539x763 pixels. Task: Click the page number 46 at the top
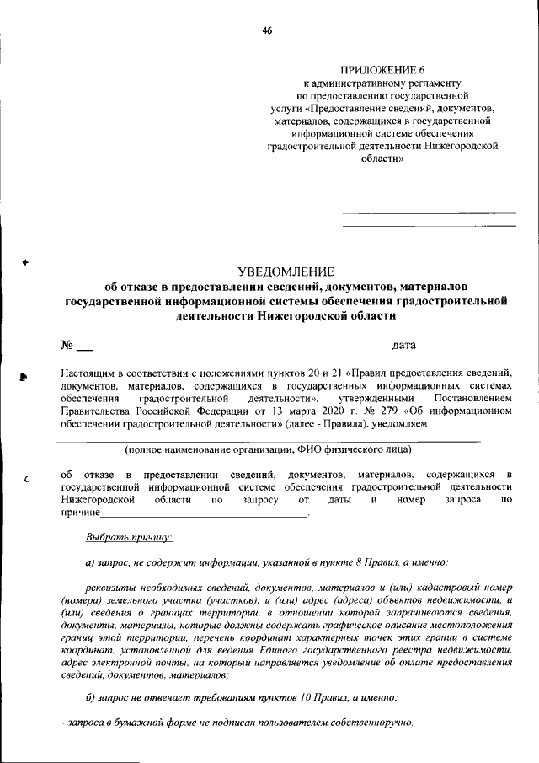click(x=267, y=30)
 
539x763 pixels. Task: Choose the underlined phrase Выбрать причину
click(x=129, y=537)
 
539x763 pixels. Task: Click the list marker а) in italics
click(x=91, y=562)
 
